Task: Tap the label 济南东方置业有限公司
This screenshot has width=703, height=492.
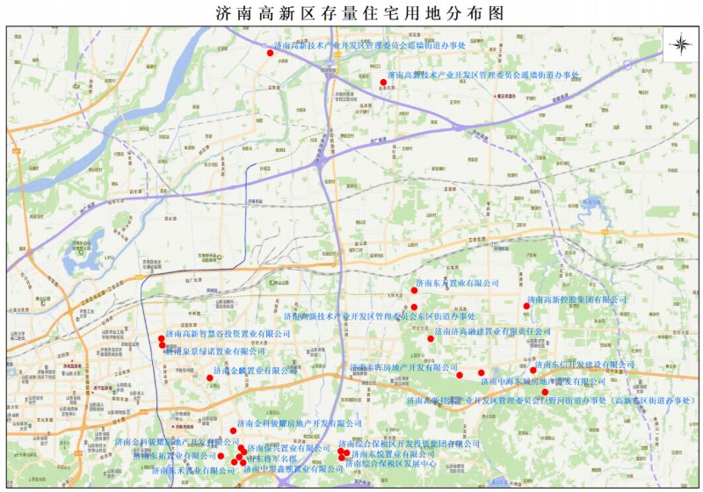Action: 458,284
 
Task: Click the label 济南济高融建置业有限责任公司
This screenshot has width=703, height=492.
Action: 493,331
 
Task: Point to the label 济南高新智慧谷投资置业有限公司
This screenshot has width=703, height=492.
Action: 228,334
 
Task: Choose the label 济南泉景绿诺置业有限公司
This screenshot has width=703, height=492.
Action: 214,351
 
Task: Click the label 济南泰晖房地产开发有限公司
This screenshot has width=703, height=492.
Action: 405,366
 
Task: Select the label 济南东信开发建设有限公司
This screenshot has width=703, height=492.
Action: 584,364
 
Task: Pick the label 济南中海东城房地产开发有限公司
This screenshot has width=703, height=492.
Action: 542,381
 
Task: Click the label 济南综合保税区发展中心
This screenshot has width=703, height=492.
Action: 397,463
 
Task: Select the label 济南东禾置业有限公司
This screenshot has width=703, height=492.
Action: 196,470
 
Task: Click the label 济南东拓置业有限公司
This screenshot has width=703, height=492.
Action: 174,456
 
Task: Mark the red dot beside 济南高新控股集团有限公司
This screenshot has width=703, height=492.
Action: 526,306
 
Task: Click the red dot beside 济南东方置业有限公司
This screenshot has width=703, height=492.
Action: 414,290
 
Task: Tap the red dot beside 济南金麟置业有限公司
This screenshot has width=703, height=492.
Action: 209,378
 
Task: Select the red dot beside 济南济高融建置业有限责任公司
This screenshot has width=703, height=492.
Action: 431,337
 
